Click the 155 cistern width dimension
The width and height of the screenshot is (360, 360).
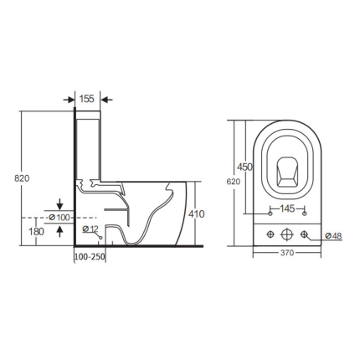[x=87, y=99]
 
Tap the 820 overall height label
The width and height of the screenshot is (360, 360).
[x=22, y=178]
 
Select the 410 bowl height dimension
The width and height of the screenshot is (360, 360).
[x=197, y=214]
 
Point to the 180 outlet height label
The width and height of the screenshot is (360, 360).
[x=37, y=231]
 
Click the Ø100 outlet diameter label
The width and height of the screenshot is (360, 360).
[x=59, y=218]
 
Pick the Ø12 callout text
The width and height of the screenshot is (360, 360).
[x=90, y=229]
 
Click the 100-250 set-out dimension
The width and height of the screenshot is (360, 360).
[x=90, y=257]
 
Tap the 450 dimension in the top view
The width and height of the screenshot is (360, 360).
[x=244, y=167]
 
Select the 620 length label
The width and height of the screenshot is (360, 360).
[x=234, y=182]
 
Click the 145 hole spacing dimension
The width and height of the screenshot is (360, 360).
[x=287, y=208]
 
